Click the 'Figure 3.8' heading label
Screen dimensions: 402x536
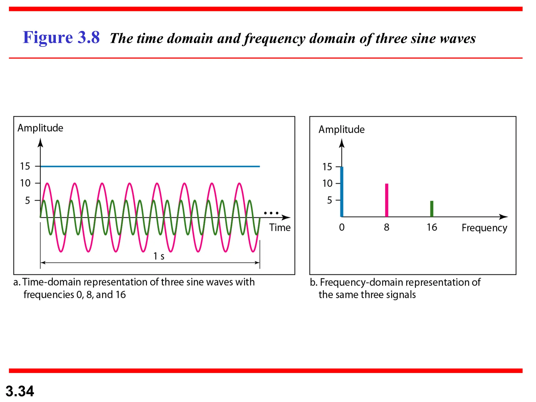(61, 37)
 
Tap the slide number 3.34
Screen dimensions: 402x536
(20, 391)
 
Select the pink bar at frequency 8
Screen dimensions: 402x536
(387, 200)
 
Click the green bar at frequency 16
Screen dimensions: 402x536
(432, 209)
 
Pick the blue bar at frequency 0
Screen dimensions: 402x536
(342, 192)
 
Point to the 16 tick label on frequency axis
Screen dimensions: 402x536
(432, 227)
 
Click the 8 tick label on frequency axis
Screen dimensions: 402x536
(387, 227)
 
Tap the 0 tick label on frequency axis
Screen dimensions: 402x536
(342, 227)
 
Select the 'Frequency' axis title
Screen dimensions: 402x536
(484, 228)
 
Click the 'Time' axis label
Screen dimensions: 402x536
(280, 227)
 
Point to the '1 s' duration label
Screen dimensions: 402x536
(159, 256)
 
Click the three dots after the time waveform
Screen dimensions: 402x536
(271, 213)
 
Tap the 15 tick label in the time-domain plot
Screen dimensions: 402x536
(25, 166)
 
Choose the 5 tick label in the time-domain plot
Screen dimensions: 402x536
(27, 200)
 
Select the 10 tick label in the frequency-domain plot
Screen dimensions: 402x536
(327, 183)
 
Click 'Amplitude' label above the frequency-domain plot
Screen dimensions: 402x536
(341, 129)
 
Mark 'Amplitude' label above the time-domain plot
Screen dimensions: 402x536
(40, 128)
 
